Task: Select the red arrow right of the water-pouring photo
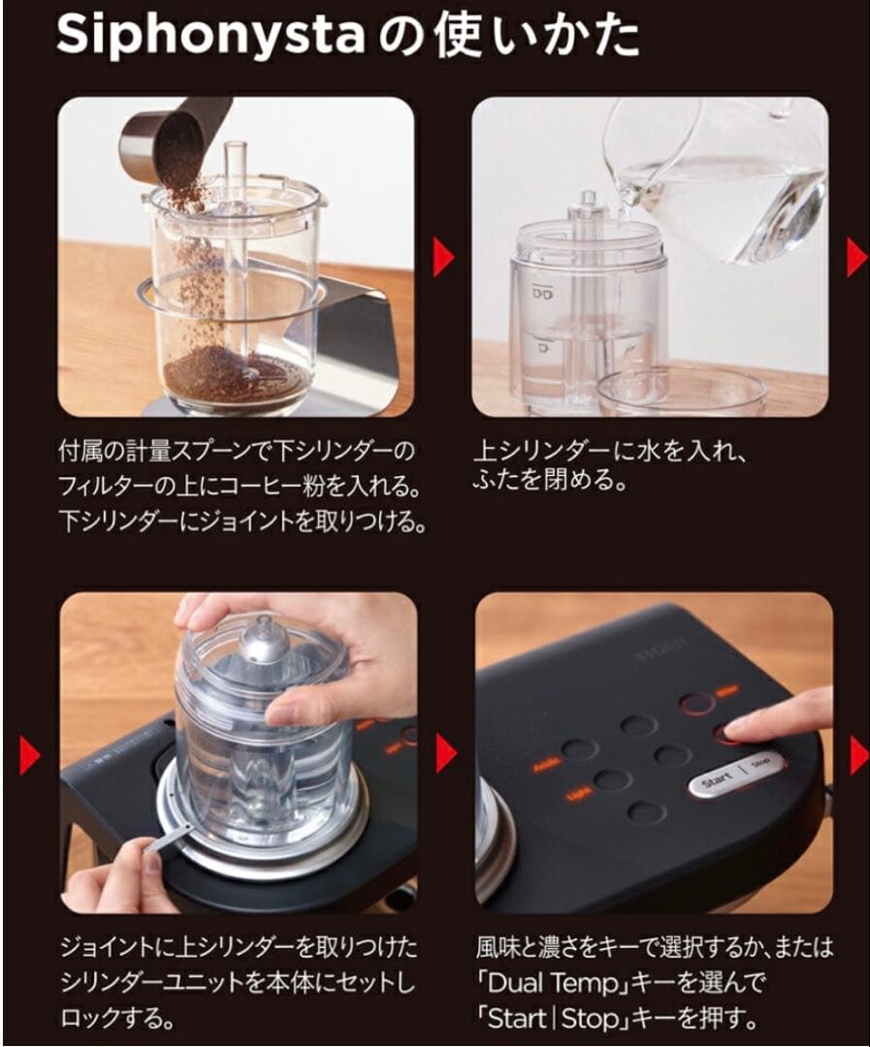tap(856, 258)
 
